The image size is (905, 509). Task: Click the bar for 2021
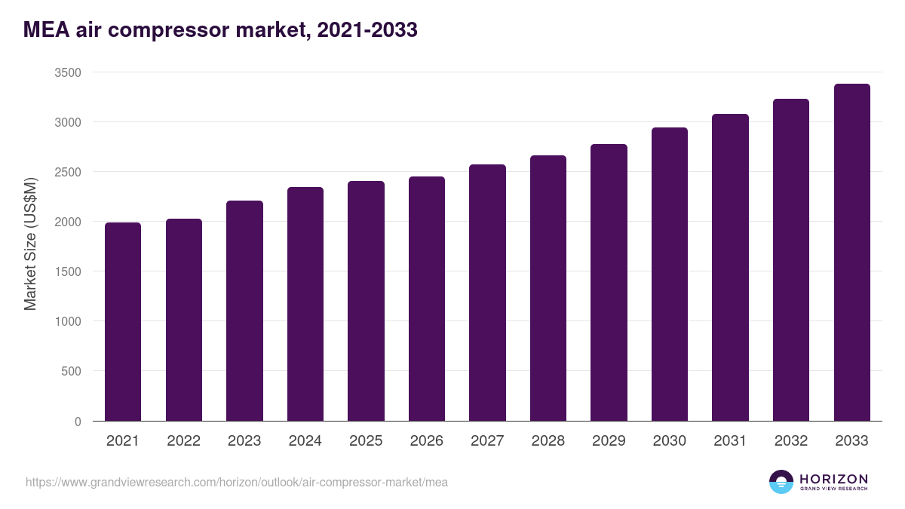123,322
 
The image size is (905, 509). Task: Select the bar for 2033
851,253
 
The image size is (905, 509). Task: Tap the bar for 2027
487,293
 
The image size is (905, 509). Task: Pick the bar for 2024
305,304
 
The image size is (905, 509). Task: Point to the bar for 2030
670,274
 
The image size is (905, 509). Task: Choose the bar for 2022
184,320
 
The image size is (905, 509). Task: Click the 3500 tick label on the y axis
68,72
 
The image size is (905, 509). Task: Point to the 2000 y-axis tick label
68,222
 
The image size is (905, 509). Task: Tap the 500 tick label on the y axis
71,371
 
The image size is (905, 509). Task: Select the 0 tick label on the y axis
78,422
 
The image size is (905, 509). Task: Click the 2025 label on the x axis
366,441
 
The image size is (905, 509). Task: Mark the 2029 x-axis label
609,441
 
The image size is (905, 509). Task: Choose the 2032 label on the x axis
791,441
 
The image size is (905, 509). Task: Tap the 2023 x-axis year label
244,441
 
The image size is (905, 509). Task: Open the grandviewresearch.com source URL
237,482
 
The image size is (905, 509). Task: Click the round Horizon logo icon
781,482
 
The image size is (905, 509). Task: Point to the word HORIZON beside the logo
833,478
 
